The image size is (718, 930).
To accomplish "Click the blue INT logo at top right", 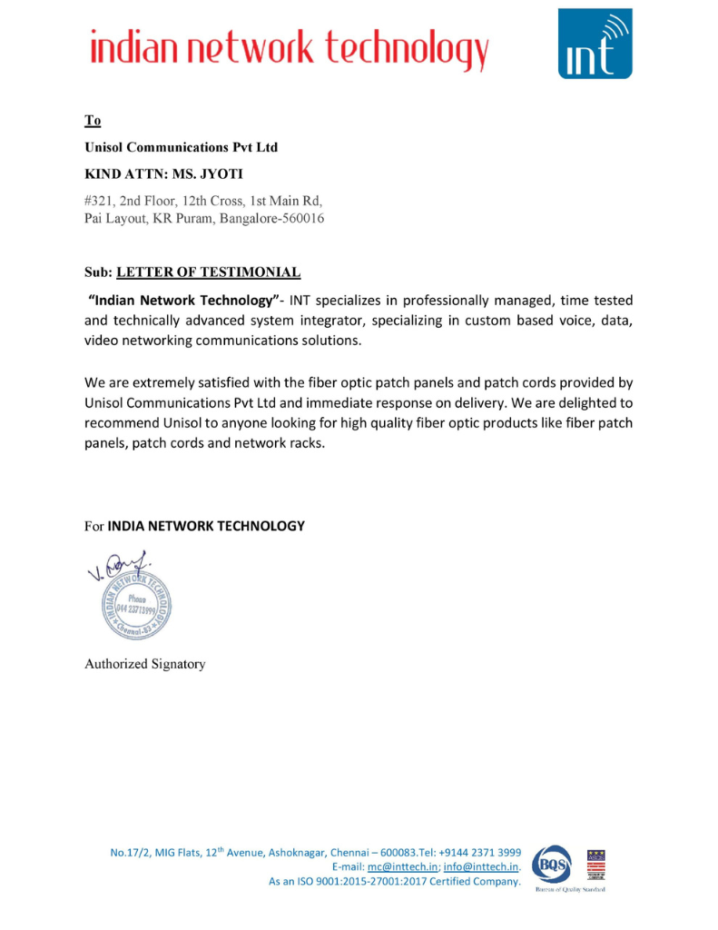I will (x=595, y=44).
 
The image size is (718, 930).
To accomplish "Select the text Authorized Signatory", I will (x=145, y=664).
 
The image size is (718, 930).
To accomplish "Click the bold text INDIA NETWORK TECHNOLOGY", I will (x=206, y=526).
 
